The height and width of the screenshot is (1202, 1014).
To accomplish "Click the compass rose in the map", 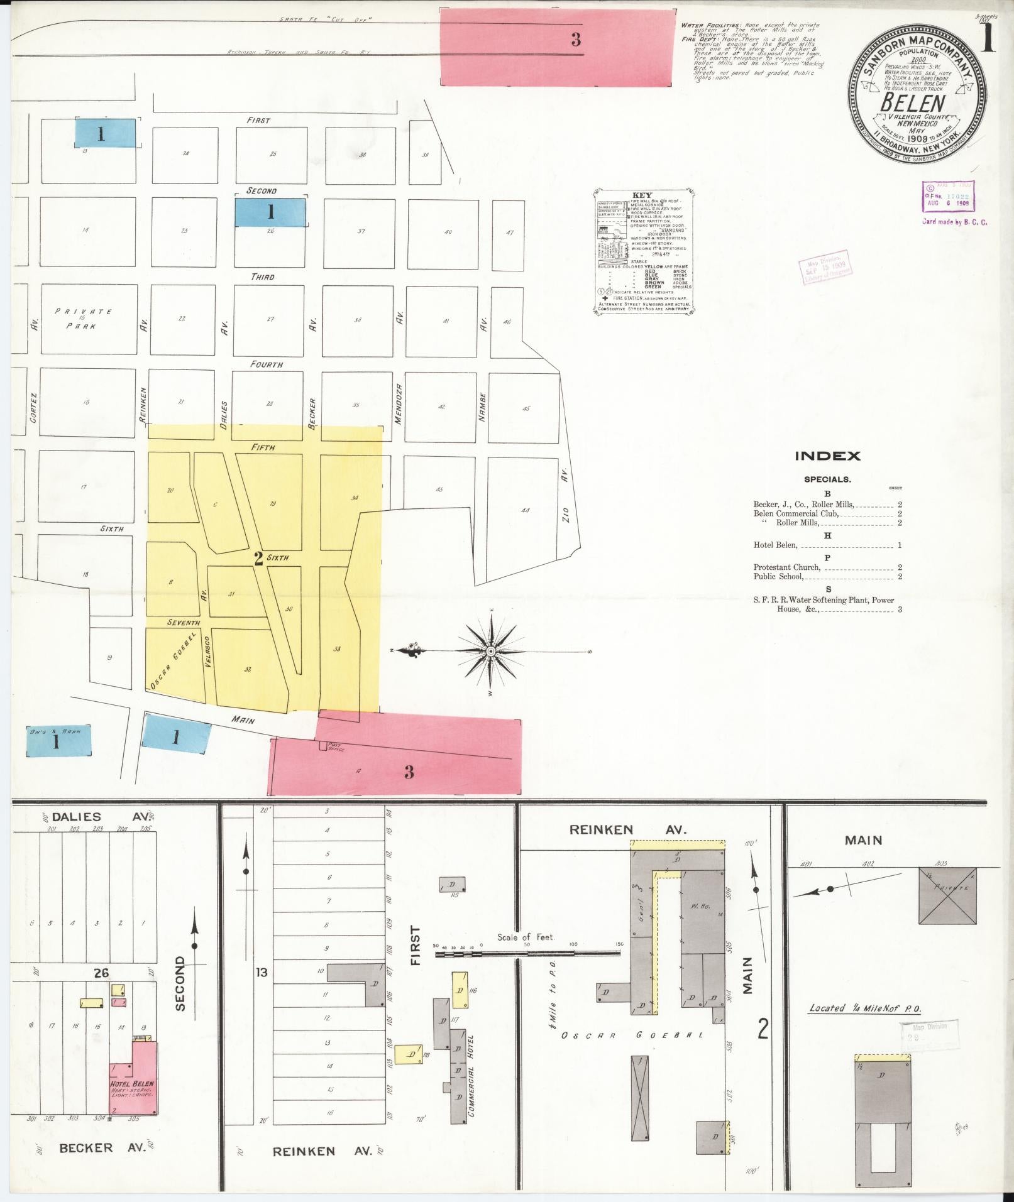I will click(490, 652).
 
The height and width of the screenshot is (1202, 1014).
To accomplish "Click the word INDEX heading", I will click(827, 456).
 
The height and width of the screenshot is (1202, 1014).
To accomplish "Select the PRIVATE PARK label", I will click(83, 319).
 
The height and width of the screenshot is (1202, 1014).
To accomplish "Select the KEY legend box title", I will click(642, 195).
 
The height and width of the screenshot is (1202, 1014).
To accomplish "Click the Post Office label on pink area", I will click(335, 748).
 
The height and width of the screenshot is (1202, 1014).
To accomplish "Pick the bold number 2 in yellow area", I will click(258, 558).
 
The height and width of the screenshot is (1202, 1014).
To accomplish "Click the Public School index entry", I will click(779, 576).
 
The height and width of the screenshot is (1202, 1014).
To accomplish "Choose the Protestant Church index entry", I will click(786, 567).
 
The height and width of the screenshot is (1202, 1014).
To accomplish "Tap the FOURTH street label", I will click(267, 364).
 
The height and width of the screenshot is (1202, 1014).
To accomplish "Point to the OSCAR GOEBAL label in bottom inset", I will click(632, 1035).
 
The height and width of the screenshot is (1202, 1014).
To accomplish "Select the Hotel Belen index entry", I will click(775, 545).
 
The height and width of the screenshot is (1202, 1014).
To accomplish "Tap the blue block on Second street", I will click(270, 212).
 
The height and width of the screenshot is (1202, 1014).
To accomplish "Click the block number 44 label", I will click(525, 510).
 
